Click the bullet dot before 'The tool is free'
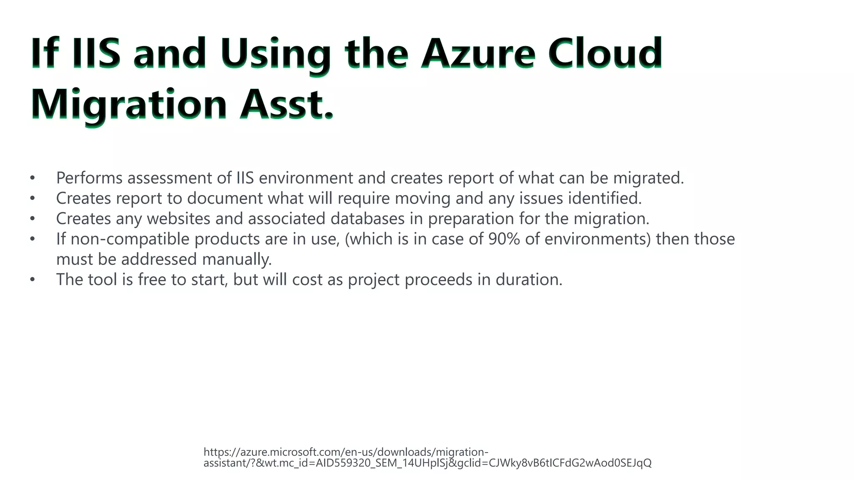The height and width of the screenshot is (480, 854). click(33, 280)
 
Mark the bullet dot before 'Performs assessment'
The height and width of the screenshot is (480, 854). click(33, 178)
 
